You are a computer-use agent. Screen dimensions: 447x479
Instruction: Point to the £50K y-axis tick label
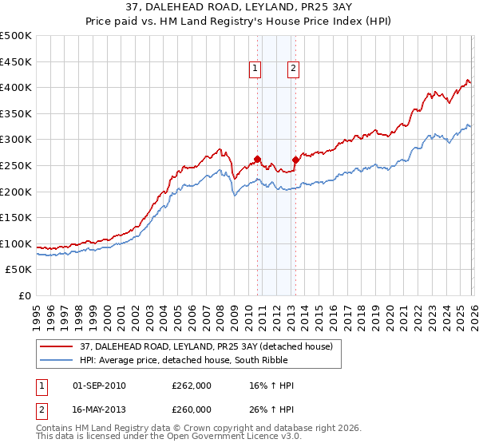point(18,270)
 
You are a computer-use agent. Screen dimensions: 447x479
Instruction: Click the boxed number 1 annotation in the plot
point(255,69)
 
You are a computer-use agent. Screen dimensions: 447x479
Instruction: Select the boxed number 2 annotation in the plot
point(293,69)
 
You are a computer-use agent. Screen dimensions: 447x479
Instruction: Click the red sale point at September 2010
point(257,159)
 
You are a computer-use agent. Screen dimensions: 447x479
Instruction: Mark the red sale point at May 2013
point(295,160)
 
